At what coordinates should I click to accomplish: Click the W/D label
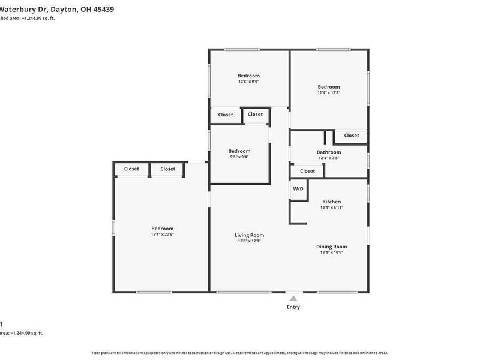click(298, 189)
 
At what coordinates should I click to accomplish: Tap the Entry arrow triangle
click(293, 298)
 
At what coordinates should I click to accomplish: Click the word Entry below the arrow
click(293, 307)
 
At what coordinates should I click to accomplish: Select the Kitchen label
click(332, 202)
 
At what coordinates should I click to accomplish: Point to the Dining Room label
click(332, 247)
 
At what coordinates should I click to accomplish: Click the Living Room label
click(249, 235)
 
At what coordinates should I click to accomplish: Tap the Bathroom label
click(329, 152)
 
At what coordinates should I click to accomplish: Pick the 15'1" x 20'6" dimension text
click(162, 235)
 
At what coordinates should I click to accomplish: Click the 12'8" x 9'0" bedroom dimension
click(248, 82)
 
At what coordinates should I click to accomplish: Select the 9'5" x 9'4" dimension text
click(239, 157)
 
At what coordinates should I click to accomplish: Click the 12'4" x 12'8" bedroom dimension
click(329, 93)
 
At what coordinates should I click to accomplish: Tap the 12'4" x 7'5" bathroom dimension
click(329, 158)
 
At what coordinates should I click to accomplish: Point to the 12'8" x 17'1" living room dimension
click(249, 241)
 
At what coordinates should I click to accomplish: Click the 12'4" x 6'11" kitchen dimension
click(332, 208)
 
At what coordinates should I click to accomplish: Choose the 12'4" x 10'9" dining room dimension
click(332, 253)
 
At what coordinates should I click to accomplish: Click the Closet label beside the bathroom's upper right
click(352, 136)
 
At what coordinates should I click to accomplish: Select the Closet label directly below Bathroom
click(307, 171)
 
